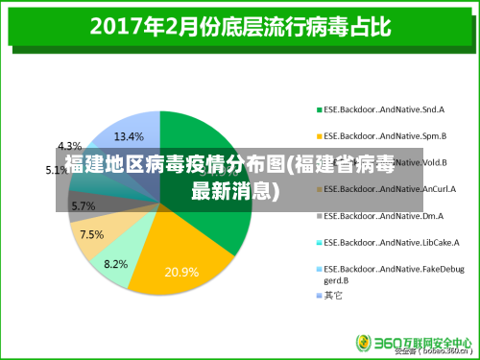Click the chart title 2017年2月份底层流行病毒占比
240,26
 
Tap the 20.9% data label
181,272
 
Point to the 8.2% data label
116,264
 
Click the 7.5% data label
92,234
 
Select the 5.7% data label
83,205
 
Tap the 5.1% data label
57,170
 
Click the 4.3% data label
69,146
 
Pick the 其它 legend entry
333,295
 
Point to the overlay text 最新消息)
235,190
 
